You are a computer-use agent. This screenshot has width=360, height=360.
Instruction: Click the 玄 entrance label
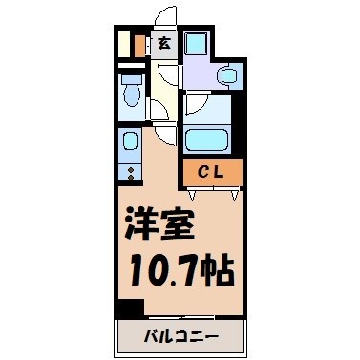point(164,43)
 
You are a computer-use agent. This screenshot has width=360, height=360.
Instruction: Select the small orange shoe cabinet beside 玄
point(140,45)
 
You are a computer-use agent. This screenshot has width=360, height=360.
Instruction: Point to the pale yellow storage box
point(124,44)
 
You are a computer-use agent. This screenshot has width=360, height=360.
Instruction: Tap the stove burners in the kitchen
point(129,172)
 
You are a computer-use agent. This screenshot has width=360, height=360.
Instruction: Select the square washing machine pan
point(196,44)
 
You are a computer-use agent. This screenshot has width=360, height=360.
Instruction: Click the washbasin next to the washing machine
point(229,75)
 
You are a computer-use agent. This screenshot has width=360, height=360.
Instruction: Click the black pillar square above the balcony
point(128,308)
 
